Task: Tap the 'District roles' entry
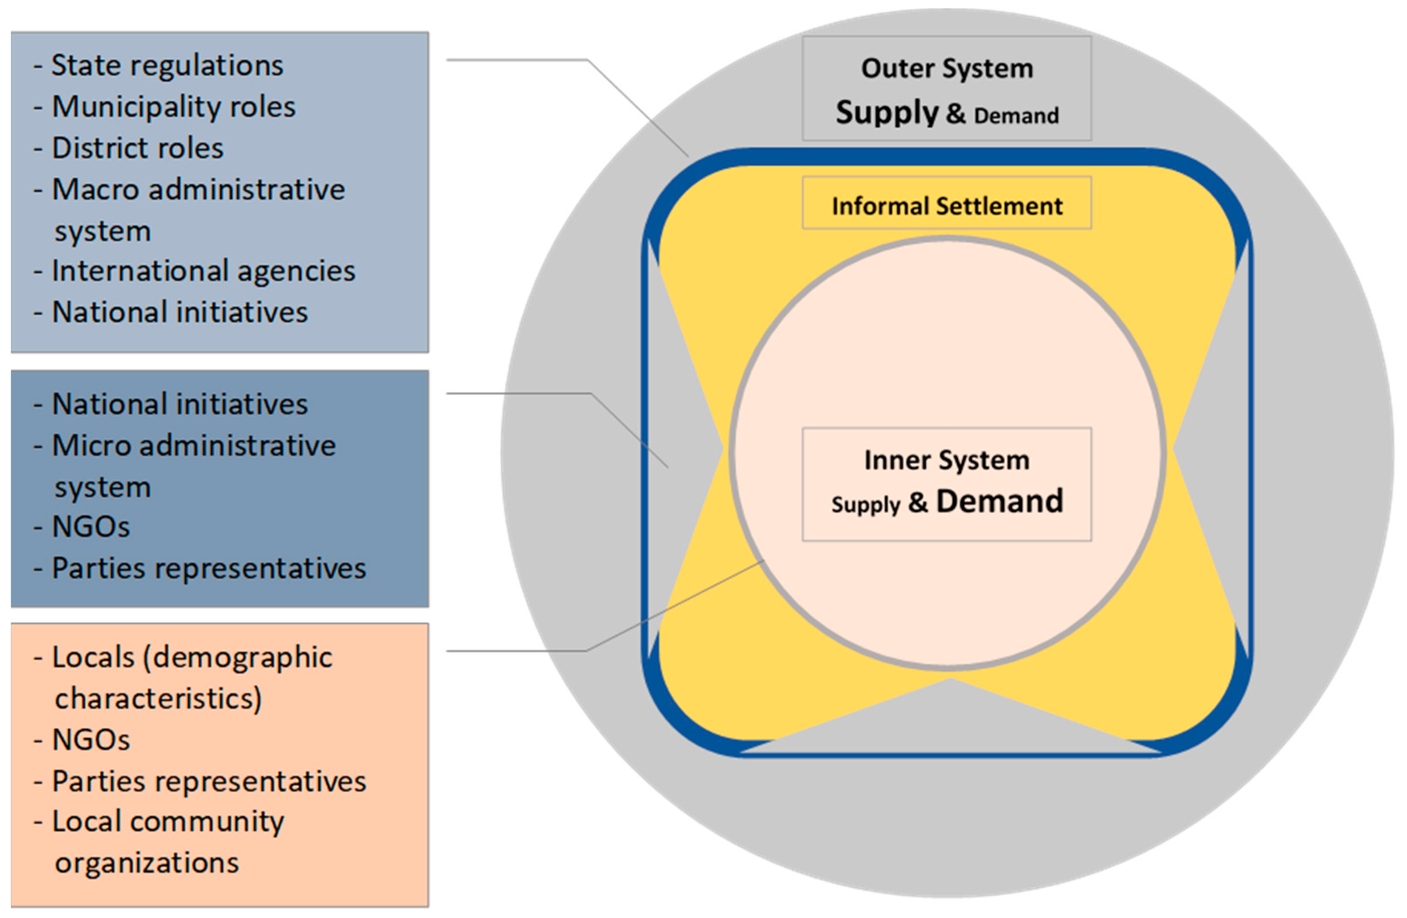click(x=137, y=148)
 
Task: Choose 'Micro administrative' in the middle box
click(x=194, y=446)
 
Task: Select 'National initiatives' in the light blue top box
click(x=180, y=312)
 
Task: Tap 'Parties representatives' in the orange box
click(x=209, y=781)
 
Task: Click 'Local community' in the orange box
click(x=168, y=822)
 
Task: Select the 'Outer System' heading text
click(x=947, y=68)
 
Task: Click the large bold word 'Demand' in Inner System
click(x=1000, y=501)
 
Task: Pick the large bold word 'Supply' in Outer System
click(x=887, y=112)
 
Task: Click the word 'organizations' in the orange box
click(x=147, y=863)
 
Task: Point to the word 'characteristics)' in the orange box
click(x=158, y=698)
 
